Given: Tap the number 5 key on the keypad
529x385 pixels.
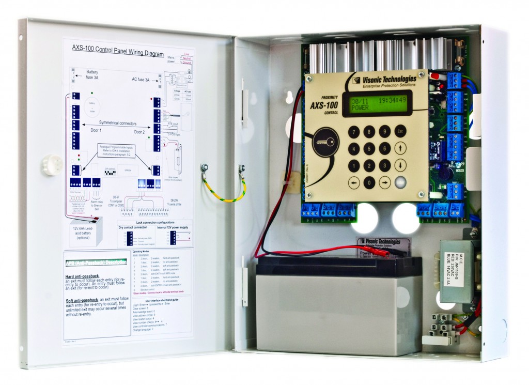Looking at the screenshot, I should tap(368, 148).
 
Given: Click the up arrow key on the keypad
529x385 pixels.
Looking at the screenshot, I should tap(401, 148).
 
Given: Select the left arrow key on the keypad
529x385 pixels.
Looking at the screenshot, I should tap(353, 182).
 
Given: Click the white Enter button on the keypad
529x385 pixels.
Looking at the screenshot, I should tap(401, 182).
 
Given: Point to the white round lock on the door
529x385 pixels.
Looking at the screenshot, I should tap(52, 165).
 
